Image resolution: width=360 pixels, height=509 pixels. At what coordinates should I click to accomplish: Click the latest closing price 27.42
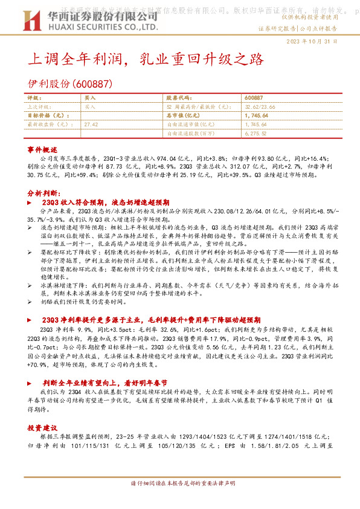pos(92,123)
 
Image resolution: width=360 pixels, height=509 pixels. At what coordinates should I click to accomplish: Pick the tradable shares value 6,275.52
pos(257,132)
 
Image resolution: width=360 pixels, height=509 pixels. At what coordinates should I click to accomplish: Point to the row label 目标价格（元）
pos(47,115)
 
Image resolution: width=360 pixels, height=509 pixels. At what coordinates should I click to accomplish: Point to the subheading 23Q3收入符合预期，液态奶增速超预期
pos(106,203)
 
